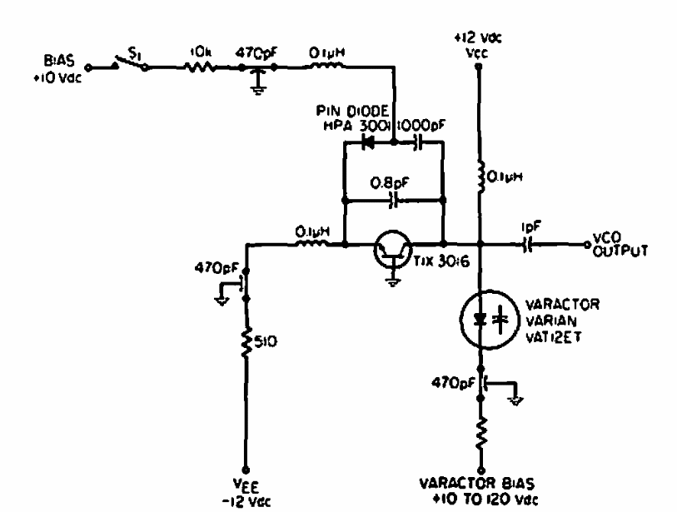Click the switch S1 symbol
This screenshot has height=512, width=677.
point(127,64)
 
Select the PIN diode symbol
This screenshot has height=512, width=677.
point(370,142)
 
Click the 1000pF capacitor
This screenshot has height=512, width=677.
point(416,142)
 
